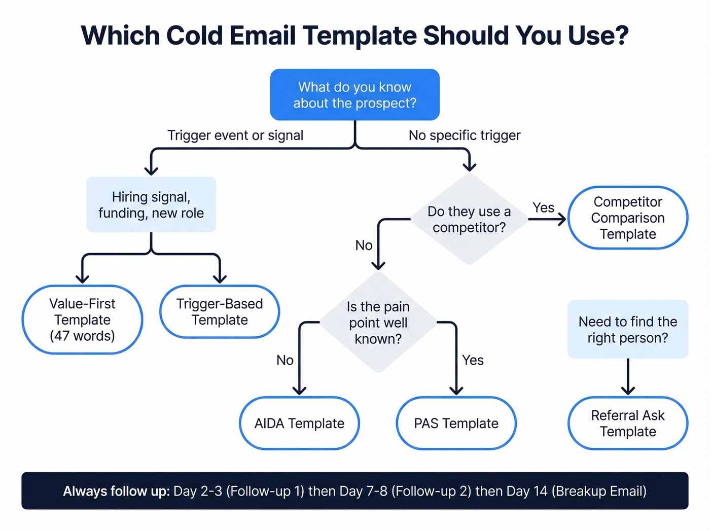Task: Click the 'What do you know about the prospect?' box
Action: coord(354,95)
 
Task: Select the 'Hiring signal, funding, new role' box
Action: coord(151,205)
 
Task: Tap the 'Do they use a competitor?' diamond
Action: coord(469,219)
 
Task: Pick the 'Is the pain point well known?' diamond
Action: coord(378,323)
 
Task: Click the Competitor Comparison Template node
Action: coord(627,218)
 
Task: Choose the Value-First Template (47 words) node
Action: coord(82,320)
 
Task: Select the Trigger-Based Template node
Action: coord(220,312)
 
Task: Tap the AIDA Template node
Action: coord(299,423)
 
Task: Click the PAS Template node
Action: coord(456,423)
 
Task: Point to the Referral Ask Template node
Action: coord(627,423)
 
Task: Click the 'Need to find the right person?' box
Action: coord(627,330)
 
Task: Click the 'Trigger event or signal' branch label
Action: coord(235,135)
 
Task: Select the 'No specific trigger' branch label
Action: coord(465,135)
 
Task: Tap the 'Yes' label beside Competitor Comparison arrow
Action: coord(543,207)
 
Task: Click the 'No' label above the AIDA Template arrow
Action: coord(285,360)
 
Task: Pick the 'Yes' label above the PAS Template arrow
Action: coord(473,360)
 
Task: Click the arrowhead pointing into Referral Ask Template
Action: coord(628,390)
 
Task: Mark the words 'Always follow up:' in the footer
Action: coord(116,491)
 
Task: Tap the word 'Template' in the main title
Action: coord(360,36)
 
